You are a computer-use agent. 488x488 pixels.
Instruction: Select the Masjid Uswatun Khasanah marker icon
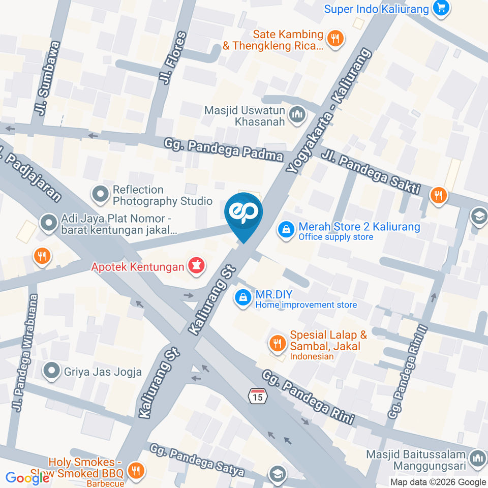point(296,115)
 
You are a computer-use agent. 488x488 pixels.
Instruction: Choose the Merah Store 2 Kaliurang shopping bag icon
point(287,229)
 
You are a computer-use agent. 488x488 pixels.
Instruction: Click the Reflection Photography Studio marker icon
point(100,194)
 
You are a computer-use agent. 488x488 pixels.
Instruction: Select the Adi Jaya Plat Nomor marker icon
point(49,223)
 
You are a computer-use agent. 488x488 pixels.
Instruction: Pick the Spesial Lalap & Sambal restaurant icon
point(277,344)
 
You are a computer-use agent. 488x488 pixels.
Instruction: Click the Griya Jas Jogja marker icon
point(51,371)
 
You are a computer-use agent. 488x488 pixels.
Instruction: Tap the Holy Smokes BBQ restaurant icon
point(135,470)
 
